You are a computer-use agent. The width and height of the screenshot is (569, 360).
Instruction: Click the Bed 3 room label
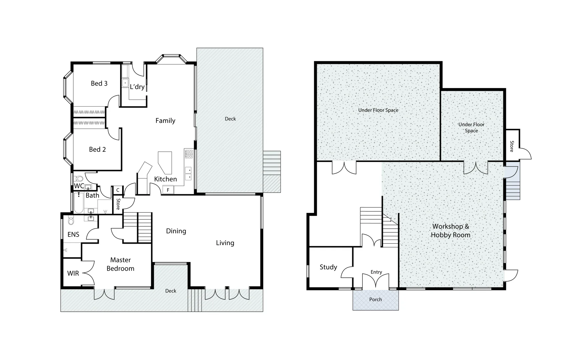[99, 83]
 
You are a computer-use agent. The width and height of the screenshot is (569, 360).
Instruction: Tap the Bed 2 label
[97, 149]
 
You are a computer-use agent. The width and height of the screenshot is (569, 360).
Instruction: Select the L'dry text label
[137, 87]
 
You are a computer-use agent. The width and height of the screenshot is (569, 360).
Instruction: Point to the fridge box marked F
[168, 190]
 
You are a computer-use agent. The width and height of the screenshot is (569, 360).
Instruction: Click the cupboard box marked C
[118, 190]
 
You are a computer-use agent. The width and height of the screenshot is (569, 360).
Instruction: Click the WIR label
[73, 273]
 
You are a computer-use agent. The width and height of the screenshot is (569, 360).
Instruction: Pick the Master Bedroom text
[120, 264]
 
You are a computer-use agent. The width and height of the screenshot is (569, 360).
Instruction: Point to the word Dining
[176, 231]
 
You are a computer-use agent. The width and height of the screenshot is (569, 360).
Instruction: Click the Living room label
[225, 243]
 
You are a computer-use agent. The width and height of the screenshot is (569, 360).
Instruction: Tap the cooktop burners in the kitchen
[189, 154]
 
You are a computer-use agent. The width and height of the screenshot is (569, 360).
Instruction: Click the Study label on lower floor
[328, 267]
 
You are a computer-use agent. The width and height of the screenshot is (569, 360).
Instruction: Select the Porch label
[375, 299]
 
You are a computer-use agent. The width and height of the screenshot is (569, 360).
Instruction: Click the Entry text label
[376, 272]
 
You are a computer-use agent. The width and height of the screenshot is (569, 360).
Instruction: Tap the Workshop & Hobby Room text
[451, 230]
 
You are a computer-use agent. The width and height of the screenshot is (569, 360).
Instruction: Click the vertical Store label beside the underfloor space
[512, 146]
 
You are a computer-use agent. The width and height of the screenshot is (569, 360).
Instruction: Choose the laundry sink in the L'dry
[125, 83]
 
